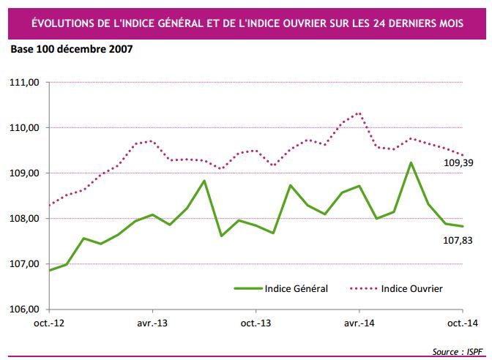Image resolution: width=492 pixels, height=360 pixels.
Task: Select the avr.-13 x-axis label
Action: (x=150, y=322)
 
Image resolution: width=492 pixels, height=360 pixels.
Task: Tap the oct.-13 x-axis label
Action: (x=254, y=322)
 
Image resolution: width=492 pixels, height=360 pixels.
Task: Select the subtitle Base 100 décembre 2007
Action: (x=71, y=50)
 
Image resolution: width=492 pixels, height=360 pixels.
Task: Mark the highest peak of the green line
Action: (x=411, y=162)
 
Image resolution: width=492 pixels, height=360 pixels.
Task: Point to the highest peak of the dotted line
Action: (x=359, y=113)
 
